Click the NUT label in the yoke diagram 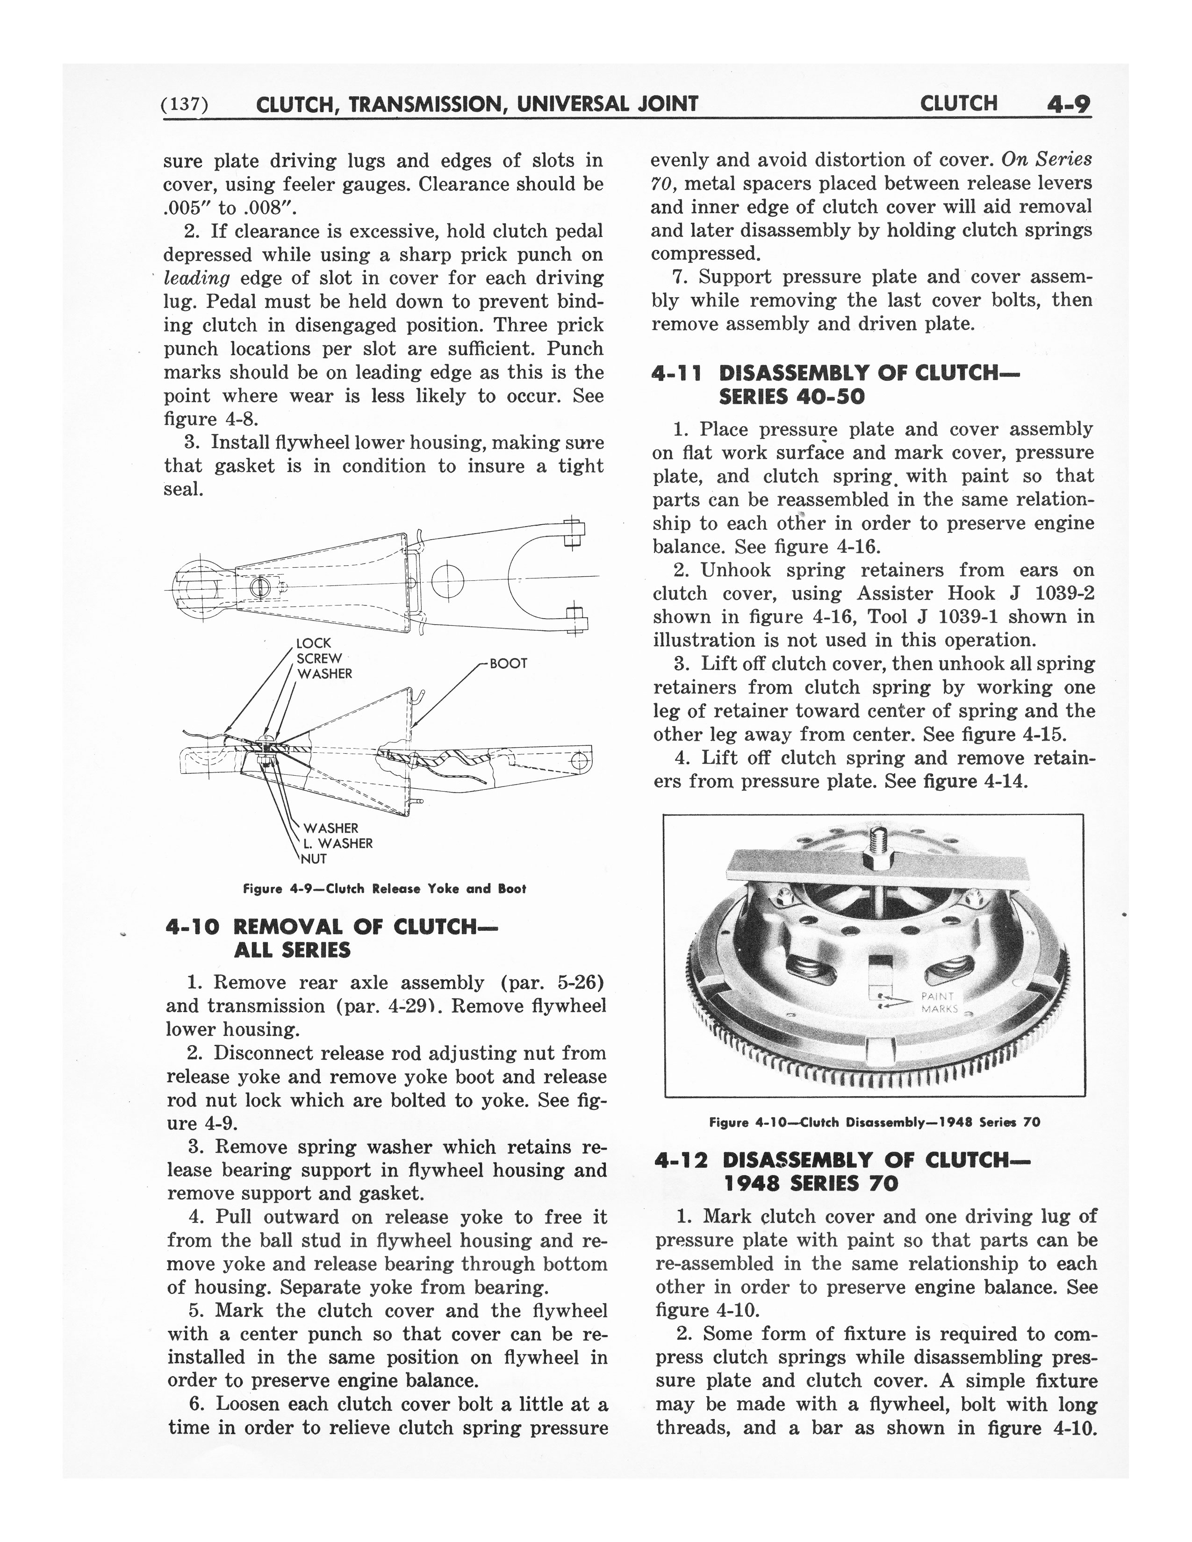(x=314, y=859)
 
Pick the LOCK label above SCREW (x=314, y=643)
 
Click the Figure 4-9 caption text (x=384, y=889)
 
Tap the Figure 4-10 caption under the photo (x=874, y=1122)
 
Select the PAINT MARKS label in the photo (x=939, y=1002)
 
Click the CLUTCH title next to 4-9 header (x=958, y=104)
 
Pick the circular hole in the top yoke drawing (x=447, y=581)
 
